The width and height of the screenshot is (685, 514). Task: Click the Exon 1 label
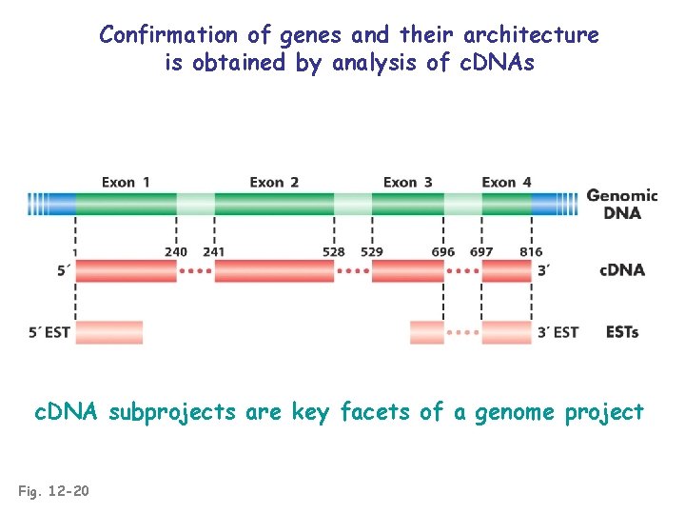pos(126,182)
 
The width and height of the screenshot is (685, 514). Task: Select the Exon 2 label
pos(274,182)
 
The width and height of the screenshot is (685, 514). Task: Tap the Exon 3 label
pos(407,182)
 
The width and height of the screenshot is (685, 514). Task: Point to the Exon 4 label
pos(506,182)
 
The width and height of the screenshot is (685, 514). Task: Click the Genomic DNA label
pos(621,204)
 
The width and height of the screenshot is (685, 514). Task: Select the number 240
pos(176,252)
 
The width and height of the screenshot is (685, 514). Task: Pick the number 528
pos(334,252)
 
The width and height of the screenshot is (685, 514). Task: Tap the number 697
pos(481,252)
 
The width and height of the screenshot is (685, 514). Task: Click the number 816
pos(531,252)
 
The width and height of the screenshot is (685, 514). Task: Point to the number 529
pos(372,252)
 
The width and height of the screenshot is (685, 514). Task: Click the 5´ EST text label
pos(49,332)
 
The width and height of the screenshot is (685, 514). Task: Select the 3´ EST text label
pos(558,332)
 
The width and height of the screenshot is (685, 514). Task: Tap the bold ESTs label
pos(621,332)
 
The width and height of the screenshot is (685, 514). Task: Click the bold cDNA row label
pos(622,270)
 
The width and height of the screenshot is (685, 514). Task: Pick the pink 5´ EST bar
pos(108,332)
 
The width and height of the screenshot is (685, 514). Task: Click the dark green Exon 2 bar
pos(274,203)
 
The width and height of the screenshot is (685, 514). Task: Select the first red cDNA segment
pos(126,271)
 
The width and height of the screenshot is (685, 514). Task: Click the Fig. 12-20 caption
pos(54,491)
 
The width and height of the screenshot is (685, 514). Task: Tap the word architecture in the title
pos(531,36)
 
